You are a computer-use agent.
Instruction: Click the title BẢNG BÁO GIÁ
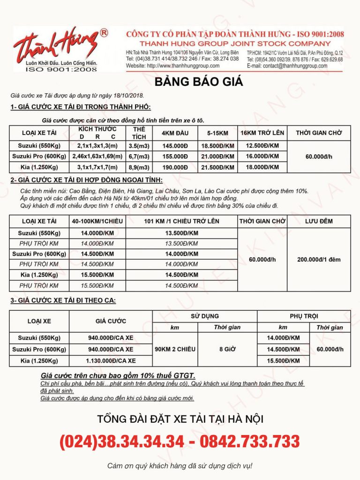[199, 82]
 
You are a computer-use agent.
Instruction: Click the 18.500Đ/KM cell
[217, 146]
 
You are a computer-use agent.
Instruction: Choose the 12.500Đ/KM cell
[262, 146]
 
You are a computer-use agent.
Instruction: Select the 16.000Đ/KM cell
[262, 157]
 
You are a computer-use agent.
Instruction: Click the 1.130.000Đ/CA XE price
[112, 360]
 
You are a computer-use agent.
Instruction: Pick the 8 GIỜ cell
[227, 349]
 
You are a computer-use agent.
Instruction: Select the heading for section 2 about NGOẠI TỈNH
[87, 180]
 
